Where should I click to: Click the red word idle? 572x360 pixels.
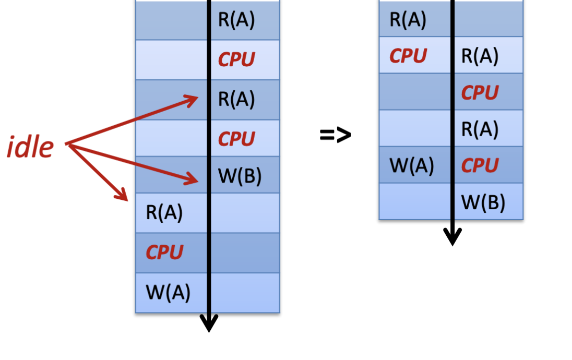tap(30, 147)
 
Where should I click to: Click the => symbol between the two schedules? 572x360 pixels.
tap(335, 135)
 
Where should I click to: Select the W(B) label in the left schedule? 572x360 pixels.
tap(239, 176)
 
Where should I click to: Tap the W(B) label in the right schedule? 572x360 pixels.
tap(483, 202)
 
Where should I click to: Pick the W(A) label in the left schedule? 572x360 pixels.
tap(168, 292)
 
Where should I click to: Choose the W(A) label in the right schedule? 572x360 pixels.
tap(412, 166)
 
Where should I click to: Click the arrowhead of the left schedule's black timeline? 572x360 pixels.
tap(209, 324)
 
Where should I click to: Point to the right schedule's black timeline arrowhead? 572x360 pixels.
tap(452, 238)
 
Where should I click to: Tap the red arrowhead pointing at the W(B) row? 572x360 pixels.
tap(194, 180)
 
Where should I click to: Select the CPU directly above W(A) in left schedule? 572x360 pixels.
tap(164, 253)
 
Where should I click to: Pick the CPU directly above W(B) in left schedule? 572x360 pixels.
tap(236, 139)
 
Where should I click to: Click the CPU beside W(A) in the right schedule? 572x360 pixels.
tap(480, 166)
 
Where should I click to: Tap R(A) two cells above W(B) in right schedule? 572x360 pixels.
tap(480, 129)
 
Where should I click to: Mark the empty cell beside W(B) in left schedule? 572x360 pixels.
tap(172, 175)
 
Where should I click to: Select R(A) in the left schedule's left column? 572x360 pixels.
tap(164, 213)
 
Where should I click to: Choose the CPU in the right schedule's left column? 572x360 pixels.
tap(408, 56)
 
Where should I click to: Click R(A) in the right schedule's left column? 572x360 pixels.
tap(408, 20)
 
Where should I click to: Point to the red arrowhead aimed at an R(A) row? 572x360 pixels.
tap(193, 99)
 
